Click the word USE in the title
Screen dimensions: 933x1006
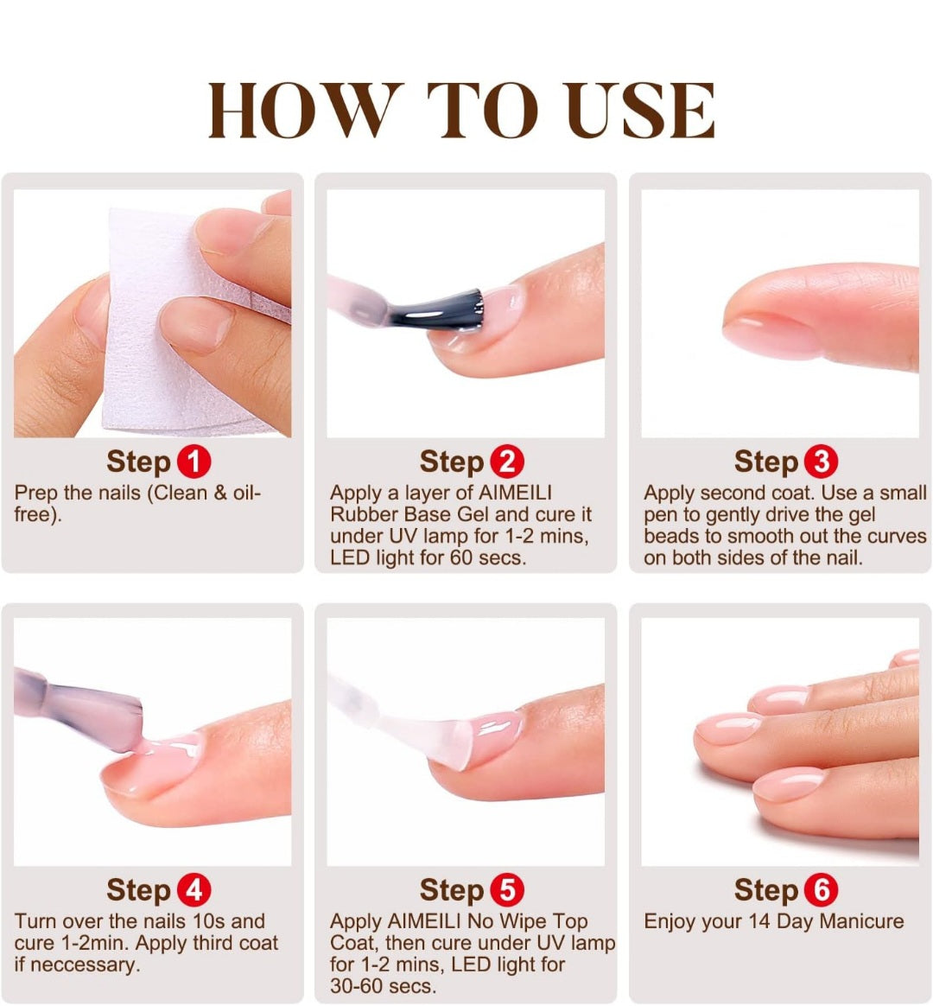pyautogui.click(x=641, y=110)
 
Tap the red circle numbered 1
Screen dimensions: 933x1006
pyautogui.click(x=194, y=462)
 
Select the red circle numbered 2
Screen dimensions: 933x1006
pyautogui.click(x=506, y=462)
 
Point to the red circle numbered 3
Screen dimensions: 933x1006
pyautogui.click(x=822, y=462)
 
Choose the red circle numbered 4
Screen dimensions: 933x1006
pyautogui.click(x=194, y=890)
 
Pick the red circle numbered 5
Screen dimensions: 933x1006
pyautogui.click(x=506, y=890)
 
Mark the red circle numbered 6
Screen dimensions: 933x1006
pyautogui.click(x=822, y=890)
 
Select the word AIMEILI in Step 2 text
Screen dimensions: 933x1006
pyautogui.click(x=515, y=493)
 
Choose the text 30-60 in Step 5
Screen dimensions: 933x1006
pyautogui.click(x=355, y=986)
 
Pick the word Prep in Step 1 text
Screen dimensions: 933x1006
pyautogui.click(x=36, y=493)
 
